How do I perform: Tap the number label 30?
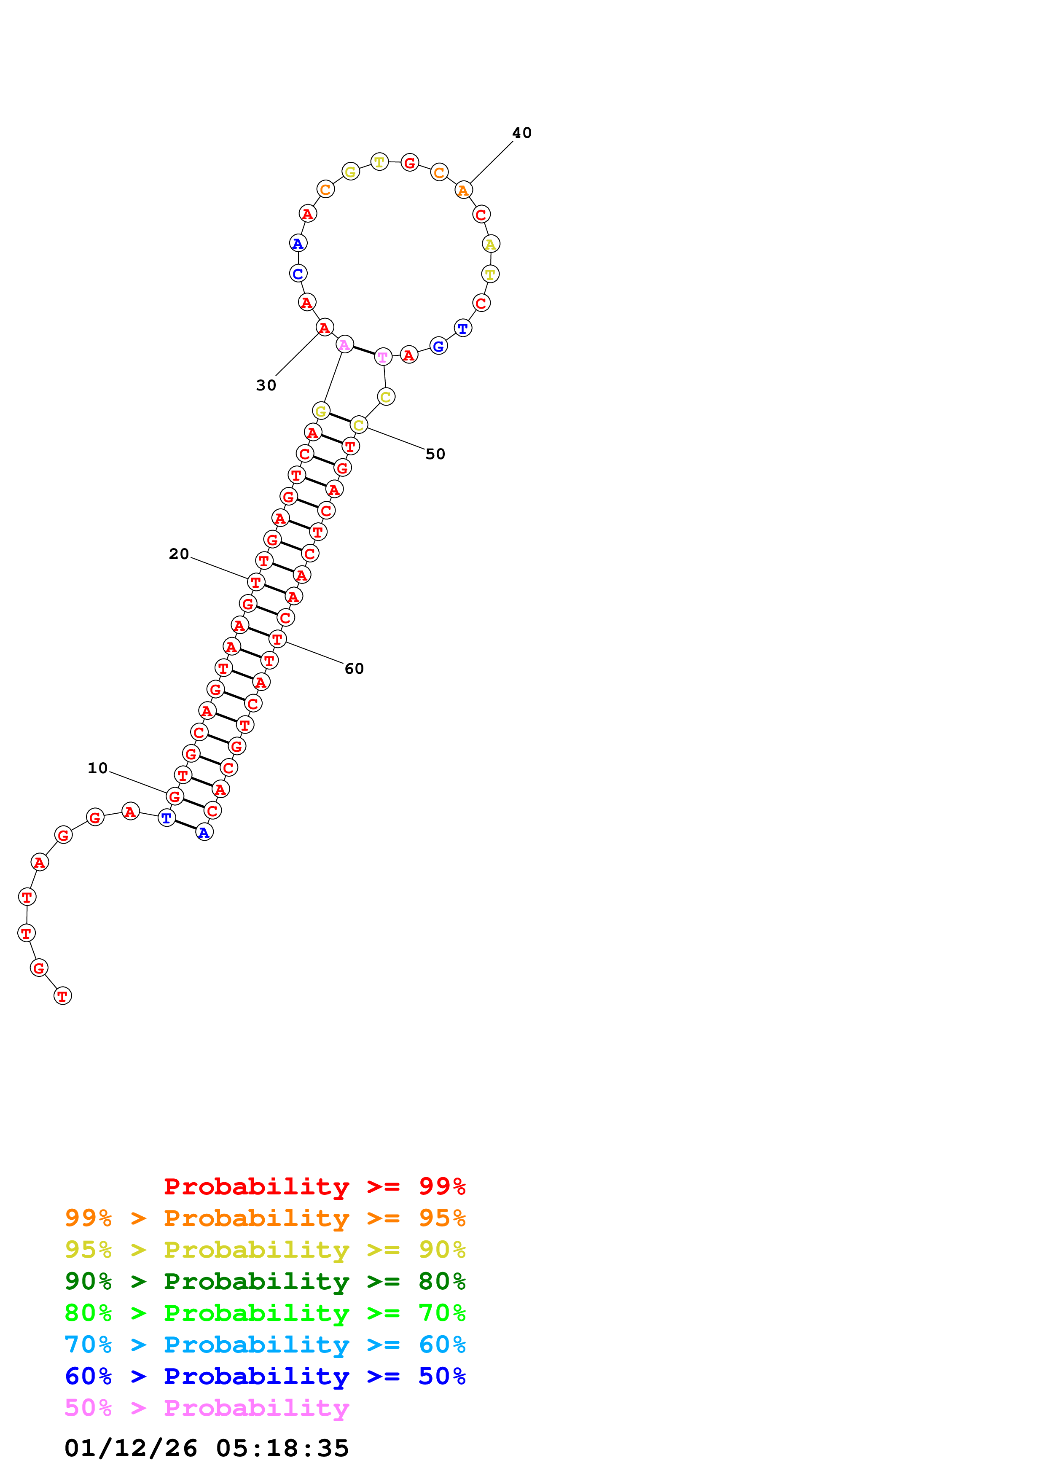tap(266, 385)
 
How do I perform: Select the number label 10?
tap(98, 768)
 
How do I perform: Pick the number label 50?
tap(435, 454)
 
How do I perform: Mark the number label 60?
tap(354, 669)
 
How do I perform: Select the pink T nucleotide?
tap(383, 357)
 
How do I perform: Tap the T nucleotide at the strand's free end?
tap(62, 996)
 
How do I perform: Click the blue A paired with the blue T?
tap(204, 833)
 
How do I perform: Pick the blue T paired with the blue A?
tap(167, 818)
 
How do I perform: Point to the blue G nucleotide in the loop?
tap(438, 347)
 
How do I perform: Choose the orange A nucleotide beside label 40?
tap(464, 190)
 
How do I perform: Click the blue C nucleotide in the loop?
tap(298, 274)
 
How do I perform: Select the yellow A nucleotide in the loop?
tap(491, 244)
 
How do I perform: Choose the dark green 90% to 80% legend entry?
tap(265, 1281)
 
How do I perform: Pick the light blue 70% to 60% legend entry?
tap(265, 1345)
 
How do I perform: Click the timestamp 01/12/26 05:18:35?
tap(207, 1448)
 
